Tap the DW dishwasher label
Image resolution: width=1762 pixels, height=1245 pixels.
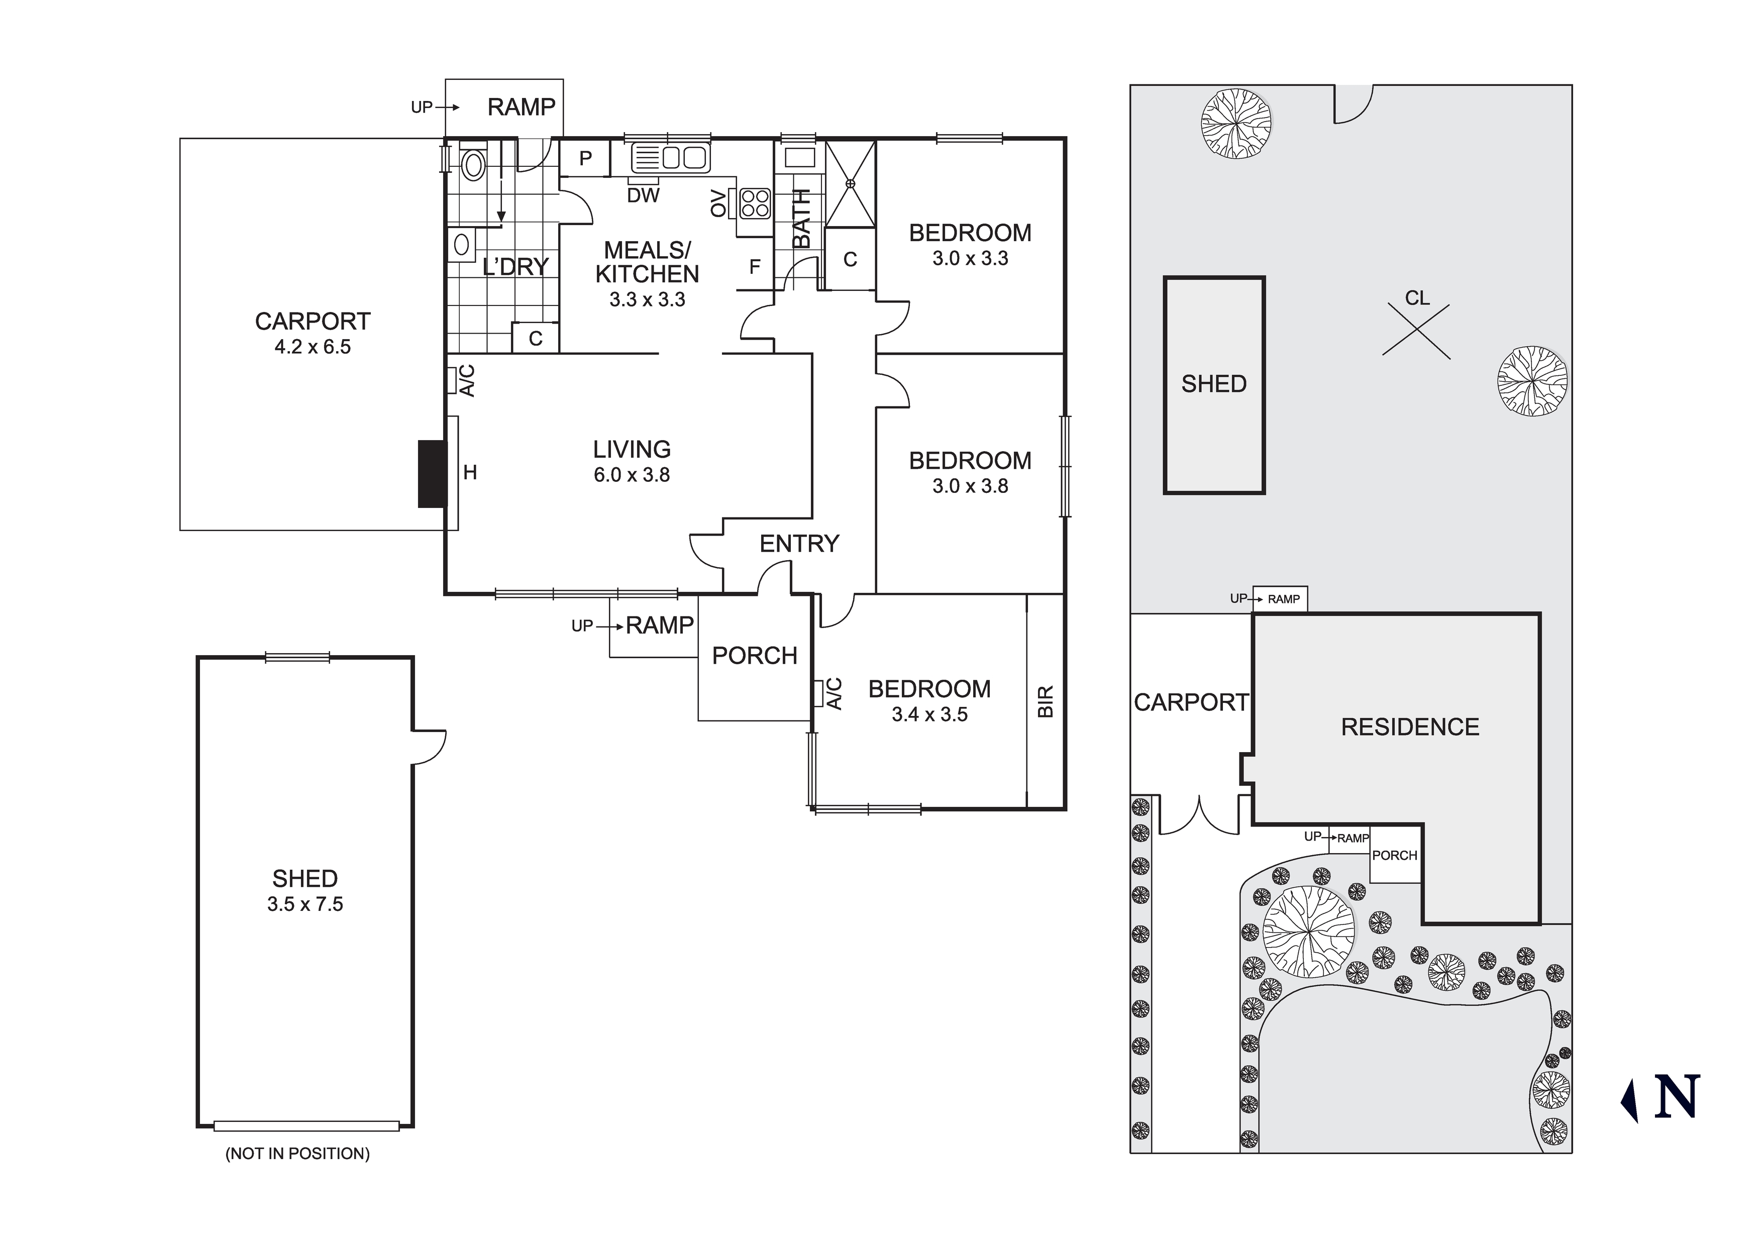(643, 196)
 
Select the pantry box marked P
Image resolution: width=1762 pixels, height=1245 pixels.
(585, 159)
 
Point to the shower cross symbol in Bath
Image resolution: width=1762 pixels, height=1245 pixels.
(850, 184)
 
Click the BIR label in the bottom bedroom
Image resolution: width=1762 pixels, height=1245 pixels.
(1045, 701)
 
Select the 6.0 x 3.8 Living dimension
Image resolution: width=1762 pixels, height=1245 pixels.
(632, 475)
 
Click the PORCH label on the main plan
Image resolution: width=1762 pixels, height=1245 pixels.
(754, 656)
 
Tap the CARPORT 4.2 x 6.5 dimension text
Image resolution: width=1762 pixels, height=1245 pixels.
(313, 347)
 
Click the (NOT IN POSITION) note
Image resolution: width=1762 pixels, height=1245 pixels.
(297, 1154)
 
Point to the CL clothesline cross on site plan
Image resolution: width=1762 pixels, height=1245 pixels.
(1416, 330)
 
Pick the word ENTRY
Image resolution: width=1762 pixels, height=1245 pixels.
(799, 544)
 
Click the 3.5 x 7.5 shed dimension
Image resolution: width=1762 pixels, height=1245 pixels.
(304, 904)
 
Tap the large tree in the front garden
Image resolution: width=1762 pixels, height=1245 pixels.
(1308, 932)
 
